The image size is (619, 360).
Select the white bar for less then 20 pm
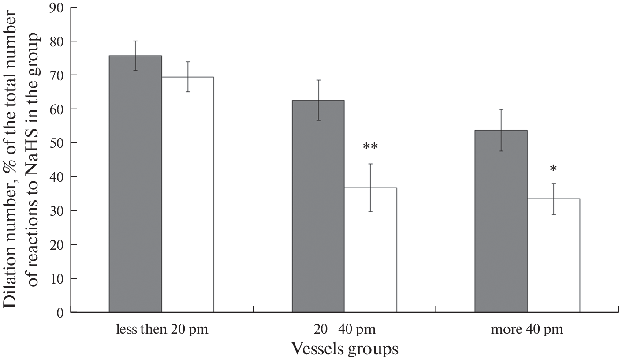click(188, 195)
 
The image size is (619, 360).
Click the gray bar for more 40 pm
click(501, 221)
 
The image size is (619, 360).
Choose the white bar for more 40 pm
click(553, 255)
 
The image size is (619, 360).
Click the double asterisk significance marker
click(371, 147)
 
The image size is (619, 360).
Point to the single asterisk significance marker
click(553, 169)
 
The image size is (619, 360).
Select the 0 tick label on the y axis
click(60, 313)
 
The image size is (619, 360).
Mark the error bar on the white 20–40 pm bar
click(371, 187)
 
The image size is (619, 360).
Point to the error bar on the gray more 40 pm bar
click(501, 130)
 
